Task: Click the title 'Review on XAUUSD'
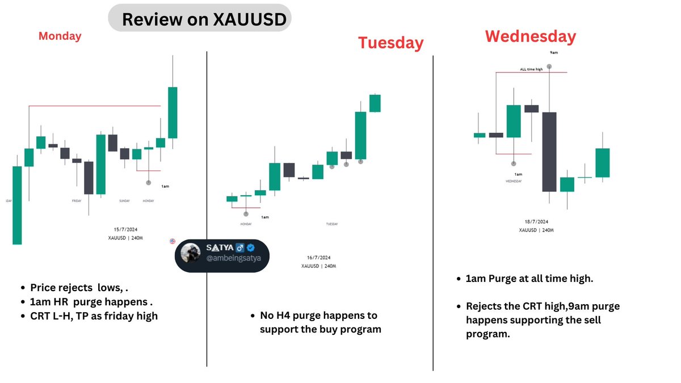point(199,19)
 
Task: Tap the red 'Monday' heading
point(60,36)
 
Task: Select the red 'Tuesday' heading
point(390,43)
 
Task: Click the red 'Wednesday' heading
point(530,36)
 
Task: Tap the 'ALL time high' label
point(531,69)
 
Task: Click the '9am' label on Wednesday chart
point(554,53)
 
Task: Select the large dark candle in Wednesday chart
point(549,151)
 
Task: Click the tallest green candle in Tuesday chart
point(360,135)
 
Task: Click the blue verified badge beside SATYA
point(250,249)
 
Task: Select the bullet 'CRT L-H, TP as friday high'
point(94,315)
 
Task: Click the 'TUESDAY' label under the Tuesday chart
point(332,224)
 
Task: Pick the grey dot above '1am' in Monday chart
point(149,182)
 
